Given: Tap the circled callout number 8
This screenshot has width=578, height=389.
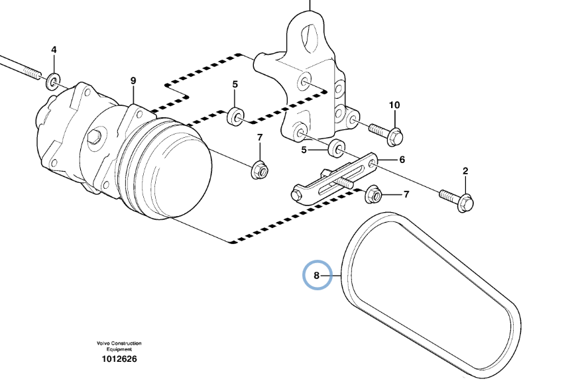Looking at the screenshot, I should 317,275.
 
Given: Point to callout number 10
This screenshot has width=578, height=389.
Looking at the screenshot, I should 394,105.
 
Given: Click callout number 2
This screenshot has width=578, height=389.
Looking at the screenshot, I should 465,171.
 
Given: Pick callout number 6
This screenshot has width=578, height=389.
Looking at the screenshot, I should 402,160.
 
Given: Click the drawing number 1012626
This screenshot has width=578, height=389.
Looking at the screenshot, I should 119,359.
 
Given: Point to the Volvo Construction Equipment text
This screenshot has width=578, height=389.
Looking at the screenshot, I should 119,346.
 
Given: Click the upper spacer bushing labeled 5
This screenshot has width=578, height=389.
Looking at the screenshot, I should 235,117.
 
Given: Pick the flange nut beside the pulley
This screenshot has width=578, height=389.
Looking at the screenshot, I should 259,170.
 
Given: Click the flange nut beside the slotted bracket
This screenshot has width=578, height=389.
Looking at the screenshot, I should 373,195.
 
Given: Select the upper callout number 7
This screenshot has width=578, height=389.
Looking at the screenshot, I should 260,137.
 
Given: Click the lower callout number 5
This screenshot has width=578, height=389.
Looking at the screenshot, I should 304,150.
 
